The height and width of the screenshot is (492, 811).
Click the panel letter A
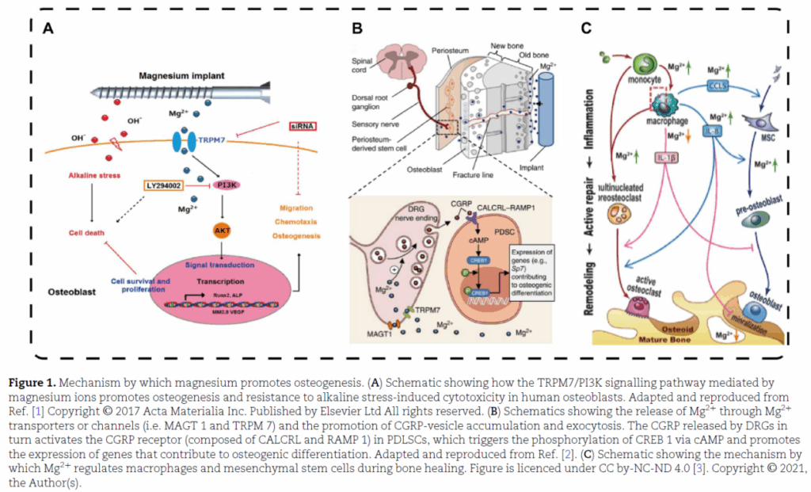48,29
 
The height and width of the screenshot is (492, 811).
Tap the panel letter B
357,29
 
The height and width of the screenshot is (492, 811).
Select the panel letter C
586,29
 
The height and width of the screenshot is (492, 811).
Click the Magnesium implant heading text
181,76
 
